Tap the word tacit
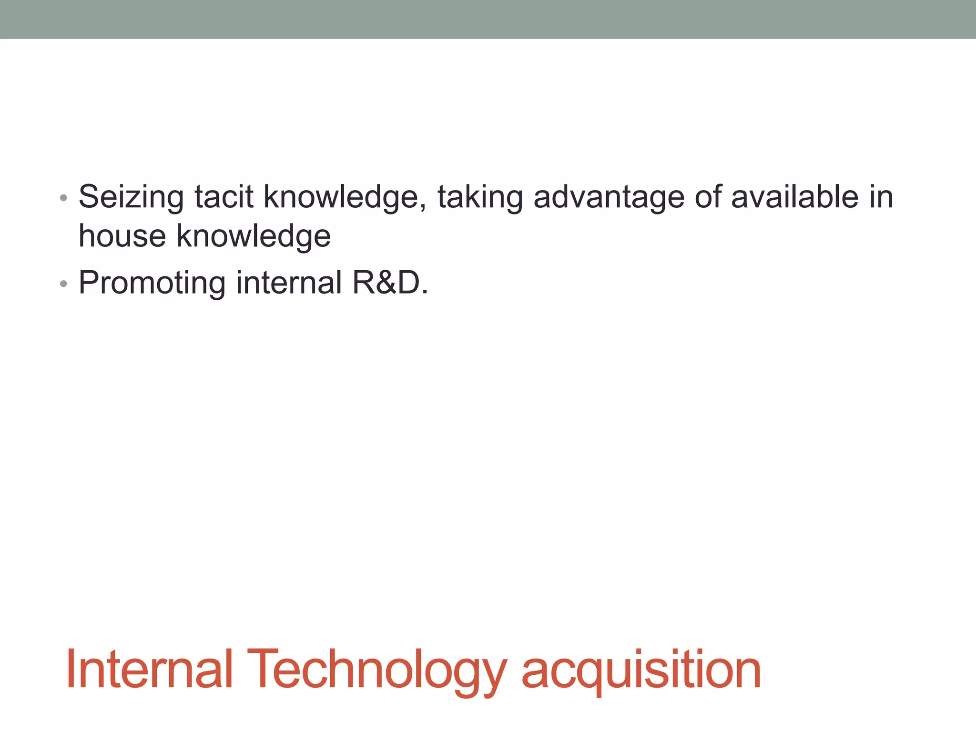[x=224, y=197]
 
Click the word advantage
[x=609, y=197]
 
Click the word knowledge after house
[x=254, y=236]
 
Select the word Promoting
[x=152, y=283]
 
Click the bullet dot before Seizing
[x=63, y=198]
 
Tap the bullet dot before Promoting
[x=63, y=285]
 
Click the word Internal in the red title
[x=149, y=670]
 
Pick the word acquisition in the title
[x=641, y=670]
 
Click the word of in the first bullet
[x=708, y=197]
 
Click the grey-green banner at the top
[x=488, y=19]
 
